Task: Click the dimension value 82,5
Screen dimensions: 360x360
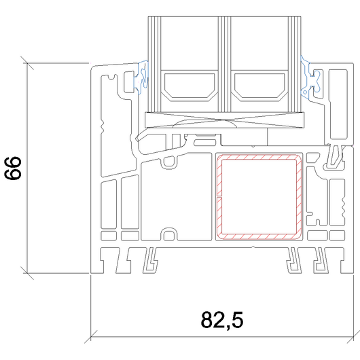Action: (x=222, y=321)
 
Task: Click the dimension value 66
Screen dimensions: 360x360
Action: (x=13, y=168)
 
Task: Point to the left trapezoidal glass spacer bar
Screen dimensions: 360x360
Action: (x=190, y=86)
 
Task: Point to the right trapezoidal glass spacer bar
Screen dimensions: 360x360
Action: (x=259, y=86)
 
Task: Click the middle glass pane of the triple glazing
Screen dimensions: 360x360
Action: (x=224, y=65)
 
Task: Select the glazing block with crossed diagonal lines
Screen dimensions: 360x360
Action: (x=225, y=120)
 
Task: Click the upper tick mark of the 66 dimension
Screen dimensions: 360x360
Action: (x=27, y=63)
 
